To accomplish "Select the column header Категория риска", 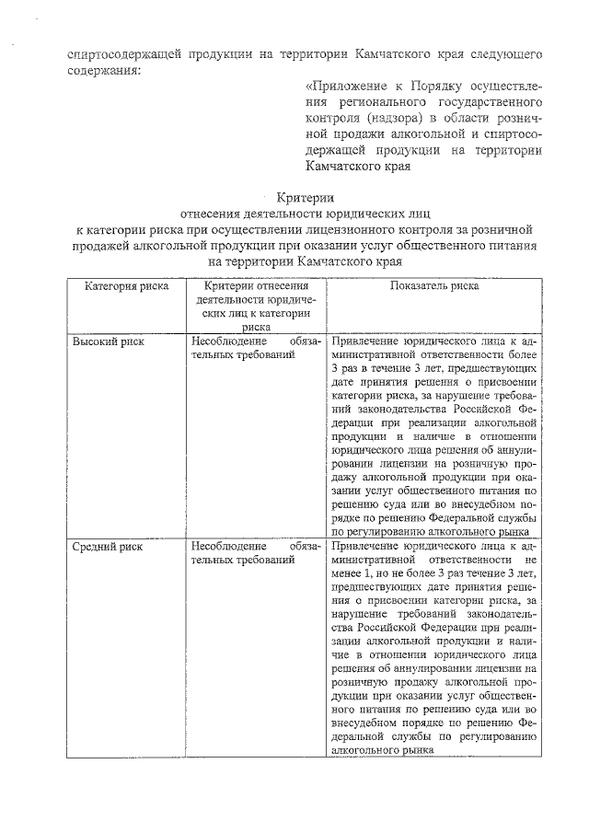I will [x=126, y=286].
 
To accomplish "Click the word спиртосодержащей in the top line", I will [x=126, y=52].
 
